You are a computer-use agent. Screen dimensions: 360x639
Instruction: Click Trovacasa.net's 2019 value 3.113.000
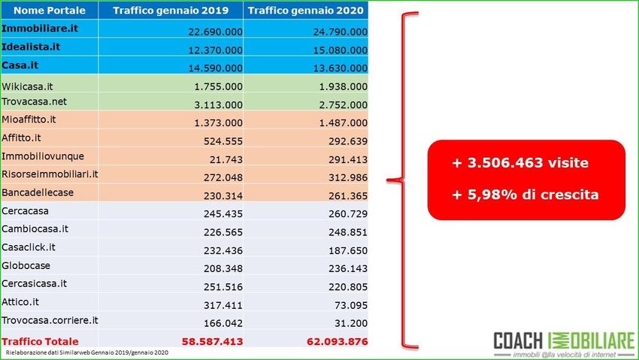pos(220,104)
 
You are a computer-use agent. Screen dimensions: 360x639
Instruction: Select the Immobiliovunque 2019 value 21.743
pos(226,159)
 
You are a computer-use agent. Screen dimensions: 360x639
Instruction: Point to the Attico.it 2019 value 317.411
pos(223,304)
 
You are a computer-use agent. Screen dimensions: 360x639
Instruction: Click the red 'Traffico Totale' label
pos(40,341)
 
